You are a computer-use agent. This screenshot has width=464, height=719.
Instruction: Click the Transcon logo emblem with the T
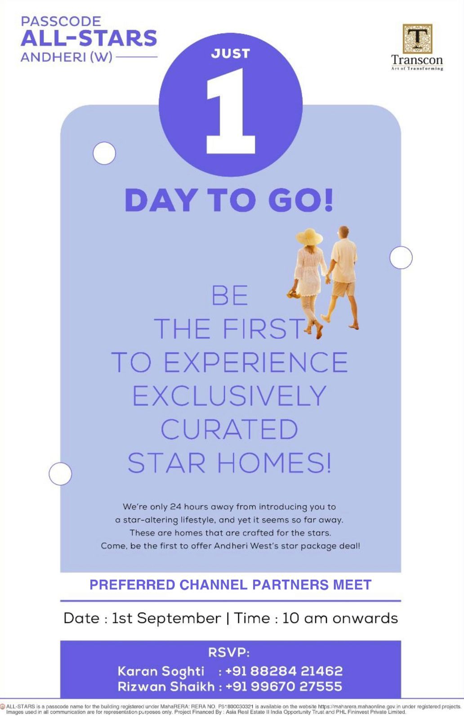(417, 39)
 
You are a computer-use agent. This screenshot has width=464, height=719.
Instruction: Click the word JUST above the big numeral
(231, 53)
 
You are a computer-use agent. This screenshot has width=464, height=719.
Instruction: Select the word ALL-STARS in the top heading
(89, 38)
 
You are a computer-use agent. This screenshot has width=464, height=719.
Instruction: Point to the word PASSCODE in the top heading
(61, 22)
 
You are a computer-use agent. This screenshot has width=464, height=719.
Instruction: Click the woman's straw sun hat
(309, 237)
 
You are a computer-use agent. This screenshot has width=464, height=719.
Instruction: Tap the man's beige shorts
(343, 289)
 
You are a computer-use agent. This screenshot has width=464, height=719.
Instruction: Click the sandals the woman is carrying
(293, 293)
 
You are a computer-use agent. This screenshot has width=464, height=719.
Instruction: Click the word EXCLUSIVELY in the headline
(229, 395)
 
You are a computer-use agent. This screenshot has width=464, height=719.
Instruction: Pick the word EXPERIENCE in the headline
(255, 362)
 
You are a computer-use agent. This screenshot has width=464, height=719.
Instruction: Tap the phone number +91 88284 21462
(284, 671)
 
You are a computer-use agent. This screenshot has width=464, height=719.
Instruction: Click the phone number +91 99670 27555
(284, 686)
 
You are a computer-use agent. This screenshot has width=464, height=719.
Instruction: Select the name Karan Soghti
(161, 671)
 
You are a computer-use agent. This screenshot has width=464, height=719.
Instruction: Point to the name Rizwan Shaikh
(166, 686)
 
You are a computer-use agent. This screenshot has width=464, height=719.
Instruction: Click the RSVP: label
(229, 652)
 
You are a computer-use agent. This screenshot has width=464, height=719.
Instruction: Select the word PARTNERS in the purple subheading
(291, 585)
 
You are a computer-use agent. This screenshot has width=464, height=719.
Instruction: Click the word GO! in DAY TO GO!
(301, 200)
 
